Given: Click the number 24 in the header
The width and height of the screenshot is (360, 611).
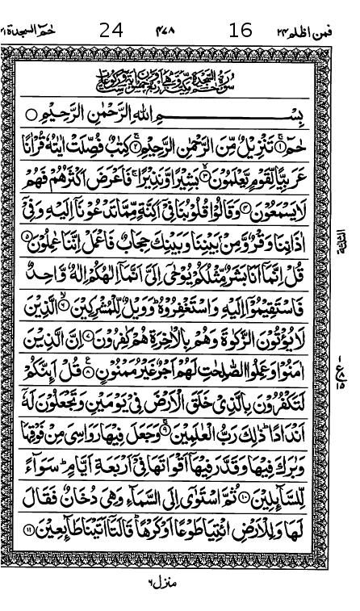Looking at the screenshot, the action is click(x=111, y=31).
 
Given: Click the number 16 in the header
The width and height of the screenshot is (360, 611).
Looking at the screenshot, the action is click(x=241, y=31).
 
